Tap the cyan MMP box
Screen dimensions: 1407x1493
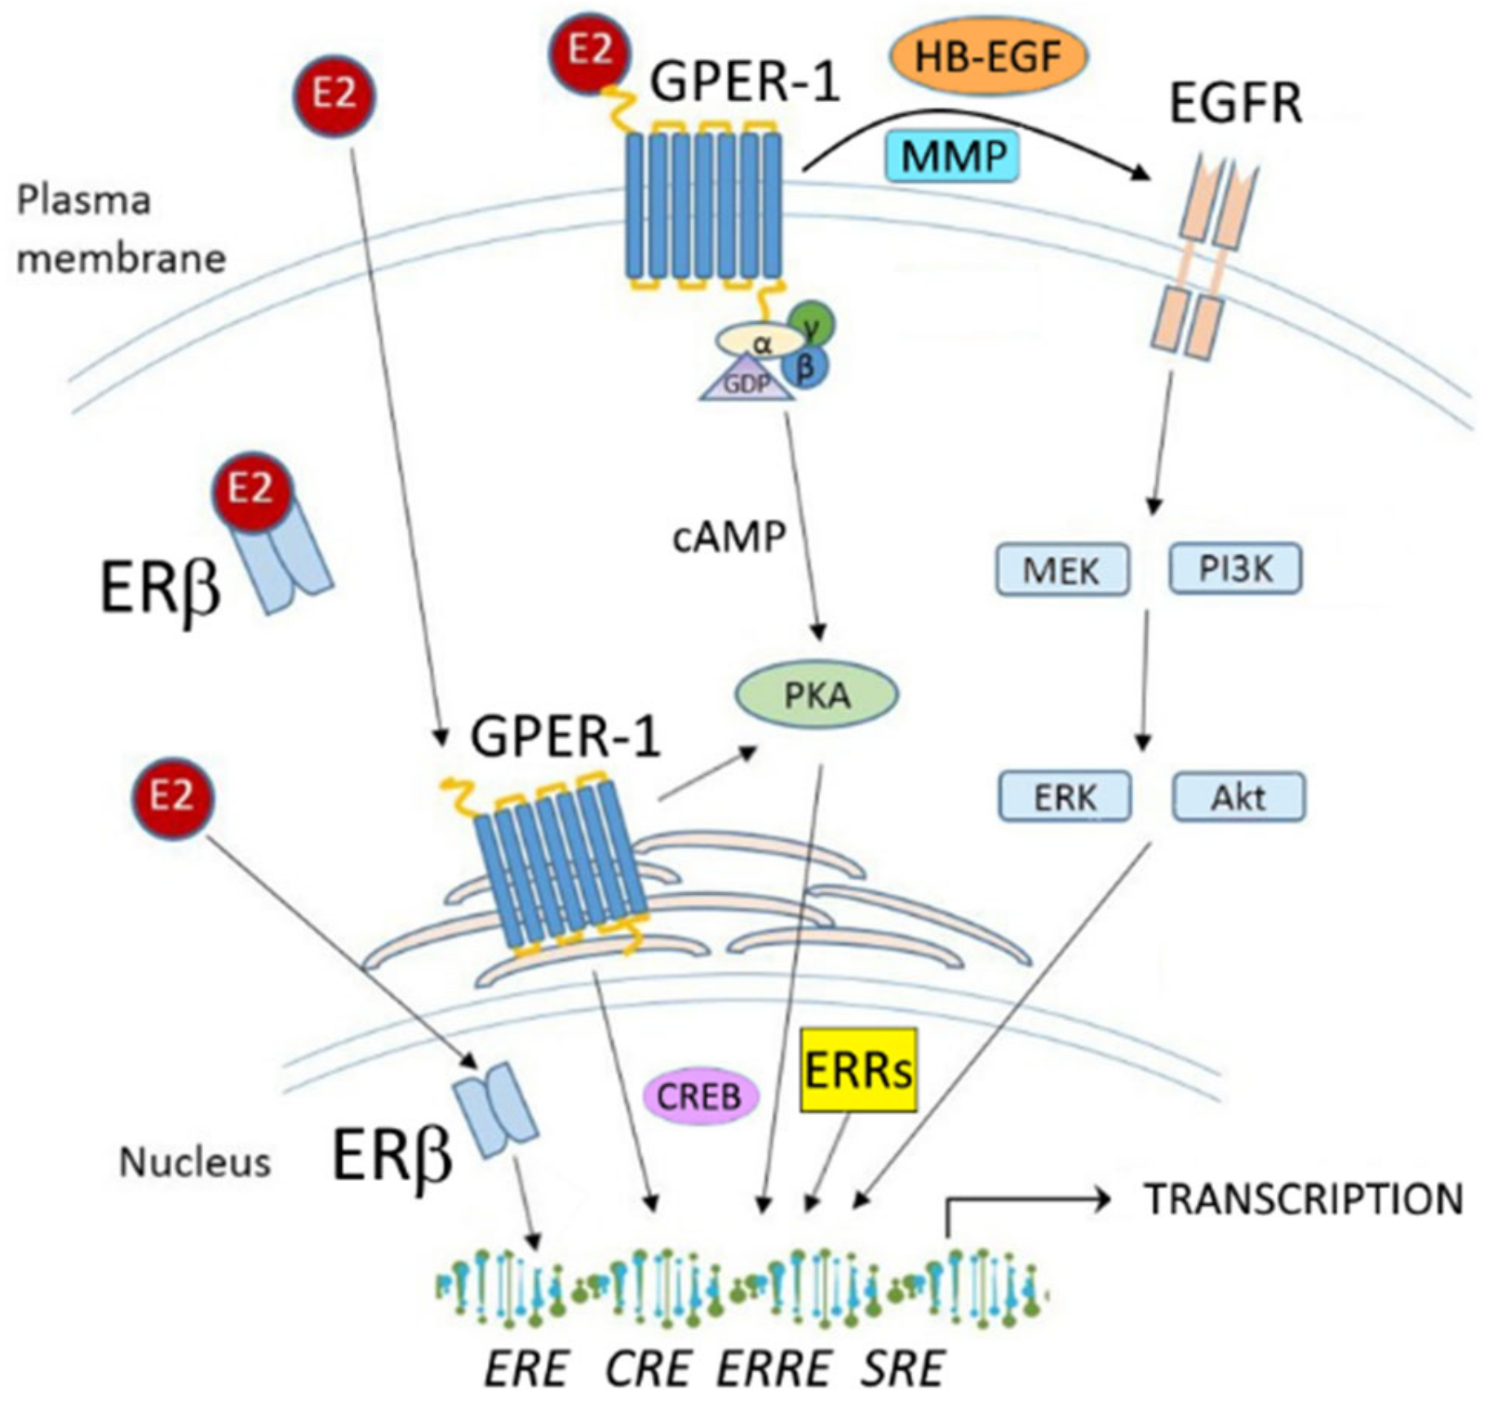coord(952,155)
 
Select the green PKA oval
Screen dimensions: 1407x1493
coord(817,695)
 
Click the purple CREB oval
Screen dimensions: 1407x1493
coord(699,1096)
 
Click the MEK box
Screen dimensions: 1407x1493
coord(1061,569)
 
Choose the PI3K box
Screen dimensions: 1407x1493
coord(1235,568)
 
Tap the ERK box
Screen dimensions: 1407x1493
coord(1065,796)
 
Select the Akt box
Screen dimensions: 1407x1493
coord(1238,796)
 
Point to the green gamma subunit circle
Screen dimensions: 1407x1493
coord(813,325)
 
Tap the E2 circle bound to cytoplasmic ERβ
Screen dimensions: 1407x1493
coord(250,491)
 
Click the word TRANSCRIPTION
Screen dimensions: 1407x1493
coord(1303,1199)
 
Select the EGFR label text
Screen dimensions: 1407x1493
coord(1235,104)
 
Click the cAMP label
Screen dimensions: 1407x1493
coord(729,537)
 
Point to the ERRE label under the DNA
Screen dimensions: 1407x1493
coord(774,1368)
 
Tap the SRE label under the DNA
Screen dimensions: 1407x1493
coord(902,1368)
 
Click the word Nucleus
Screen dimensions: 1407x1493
coord(195,1162)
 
